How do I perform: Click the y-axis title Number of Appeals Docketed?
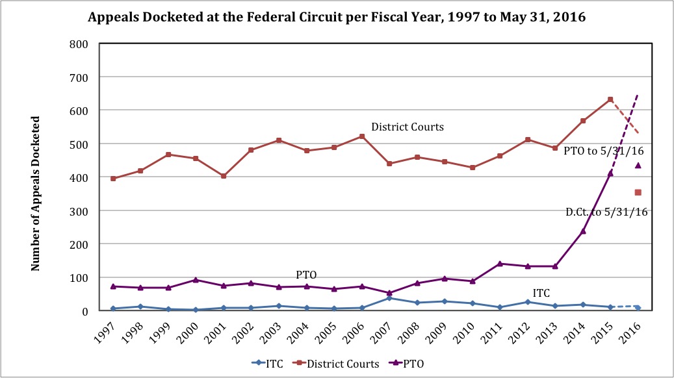[x=36, y=194]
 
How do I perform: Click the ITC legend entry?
[x=267, y=363]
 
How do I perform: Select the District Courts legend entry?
[x=337, y=363]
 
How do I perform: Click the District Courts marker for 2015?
[x=610, y=99]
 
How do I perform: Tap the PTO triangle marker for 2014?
[x=583, y=231]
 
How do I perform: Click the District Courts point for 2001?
[x=224, y=176]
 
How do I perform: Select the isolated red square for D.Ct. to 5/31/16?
[x=638, y=192]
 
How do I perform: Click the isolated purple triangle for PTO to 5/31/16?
[x=638, y=165]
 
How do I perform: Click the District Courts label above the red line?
[x=408, y=127]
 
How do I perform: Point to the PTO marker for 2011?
[x=500, y=263]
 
